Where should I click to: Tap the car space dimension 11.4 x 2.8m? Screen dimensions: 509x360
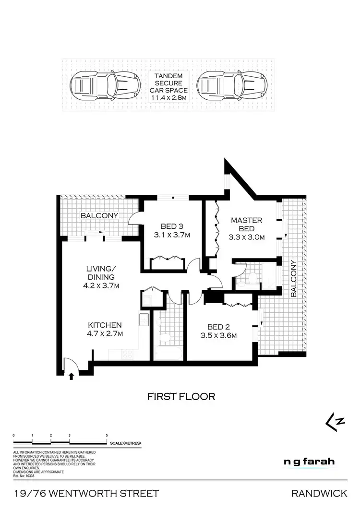(168, 98)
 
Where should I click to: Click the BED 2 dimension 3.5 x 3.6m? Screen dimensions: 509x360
(219, 335)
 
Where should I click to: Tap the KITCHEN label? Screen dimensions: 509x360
(104, 325)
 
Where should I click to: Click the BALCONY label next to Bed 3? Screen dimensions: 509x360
(99, 215)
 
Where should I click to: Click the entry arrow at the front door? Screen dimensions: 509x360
(72, 376)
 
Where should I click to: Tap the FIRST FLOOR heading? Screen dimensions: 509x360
(180, 397)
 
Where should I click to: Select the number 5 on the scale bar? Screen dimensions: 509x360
(107, 435)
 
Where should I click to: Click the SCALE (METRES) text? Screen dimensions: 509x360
(125, 443)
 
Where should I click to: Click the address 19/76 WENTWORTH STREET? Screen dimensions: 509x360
(86, 493)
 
